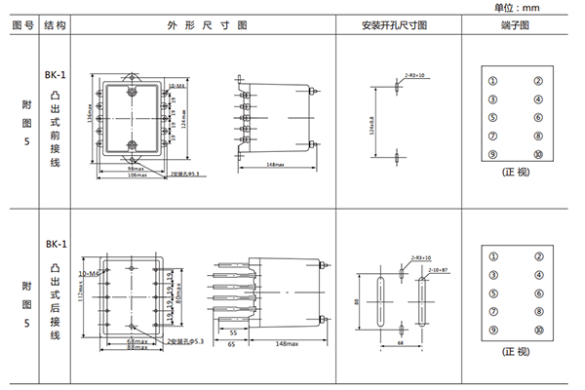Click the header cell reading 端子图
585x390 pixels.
(514, 24)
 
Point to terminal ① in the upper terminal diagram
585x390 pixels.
(493, 81)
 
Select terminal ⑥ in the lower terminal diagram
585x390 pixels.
(537, 292)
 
